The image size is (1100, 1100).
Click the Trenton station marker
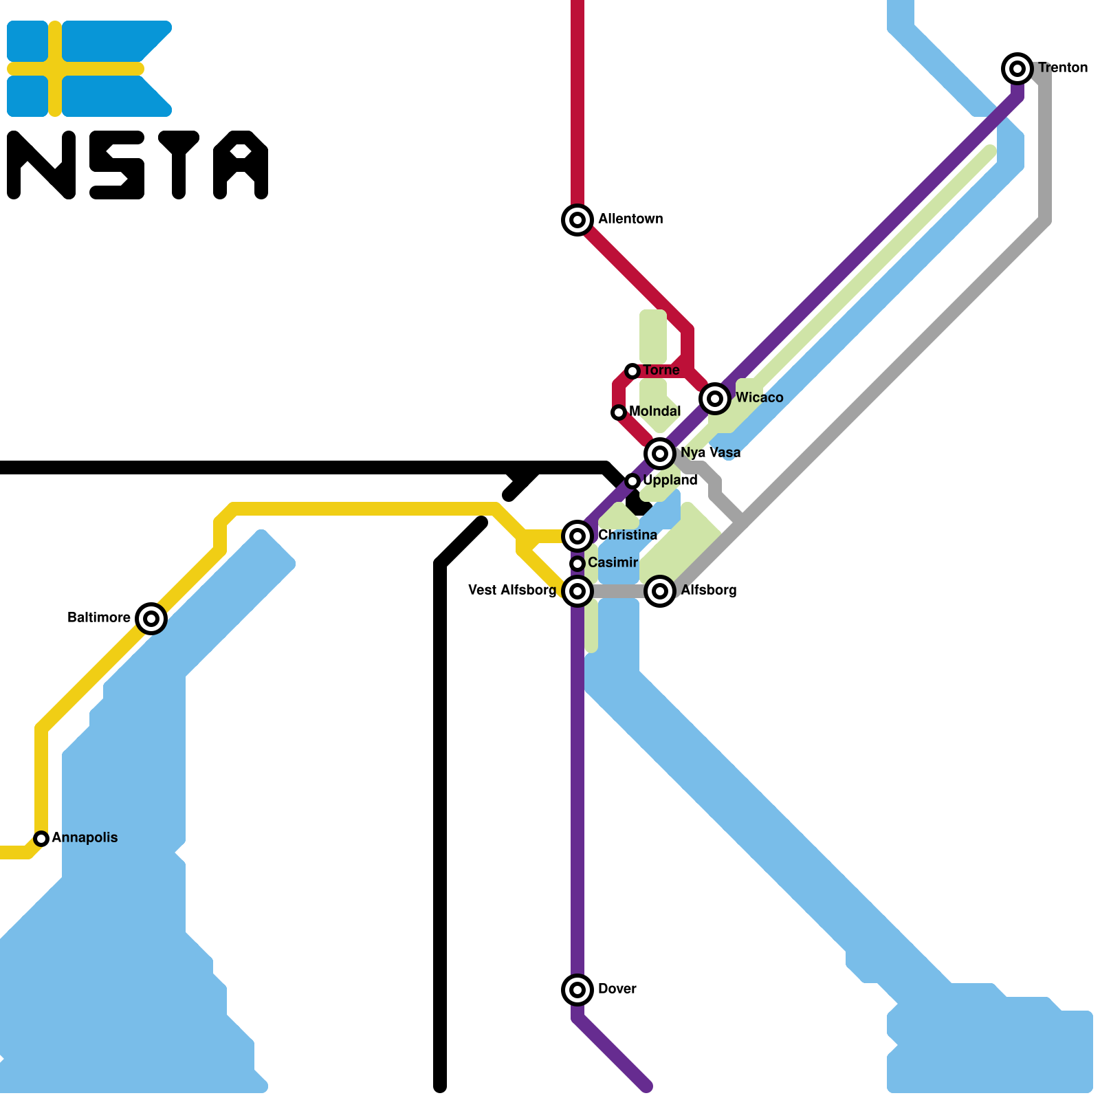(1017, 69)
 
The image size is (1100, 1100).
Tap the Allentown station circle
(577, 220)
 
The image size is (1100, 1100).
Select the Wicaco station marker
(715, 398)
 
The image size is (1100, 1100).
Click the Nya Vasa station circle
(660, 453)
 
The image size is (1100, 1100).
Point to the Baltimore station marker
(151, 619)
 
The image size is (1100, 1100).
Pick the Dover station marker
(577, 990)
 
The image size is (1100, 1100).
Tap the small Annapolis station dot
(41, 839)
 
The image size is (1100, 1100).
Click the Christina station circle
(577, 536)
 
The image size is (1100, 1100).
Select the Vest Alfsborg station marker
(577, 591)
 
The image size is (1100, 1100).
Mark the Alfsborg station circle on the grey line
(660, 591)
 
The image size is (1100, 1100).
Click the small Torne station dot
(632, 371)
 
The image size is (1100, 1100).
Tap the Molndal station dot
(619, 412)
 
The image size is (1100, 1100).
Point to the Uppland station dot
(632, 481)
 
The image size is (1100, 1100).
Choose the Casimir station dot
(577, 564)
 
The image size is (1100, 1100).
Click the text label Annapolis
(85, 837)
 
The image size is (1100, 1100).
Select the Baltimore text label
(99, 617)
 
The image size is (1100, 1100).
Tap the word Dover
(617, 989)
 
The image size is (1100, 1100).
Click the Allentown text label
(630, 219)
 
